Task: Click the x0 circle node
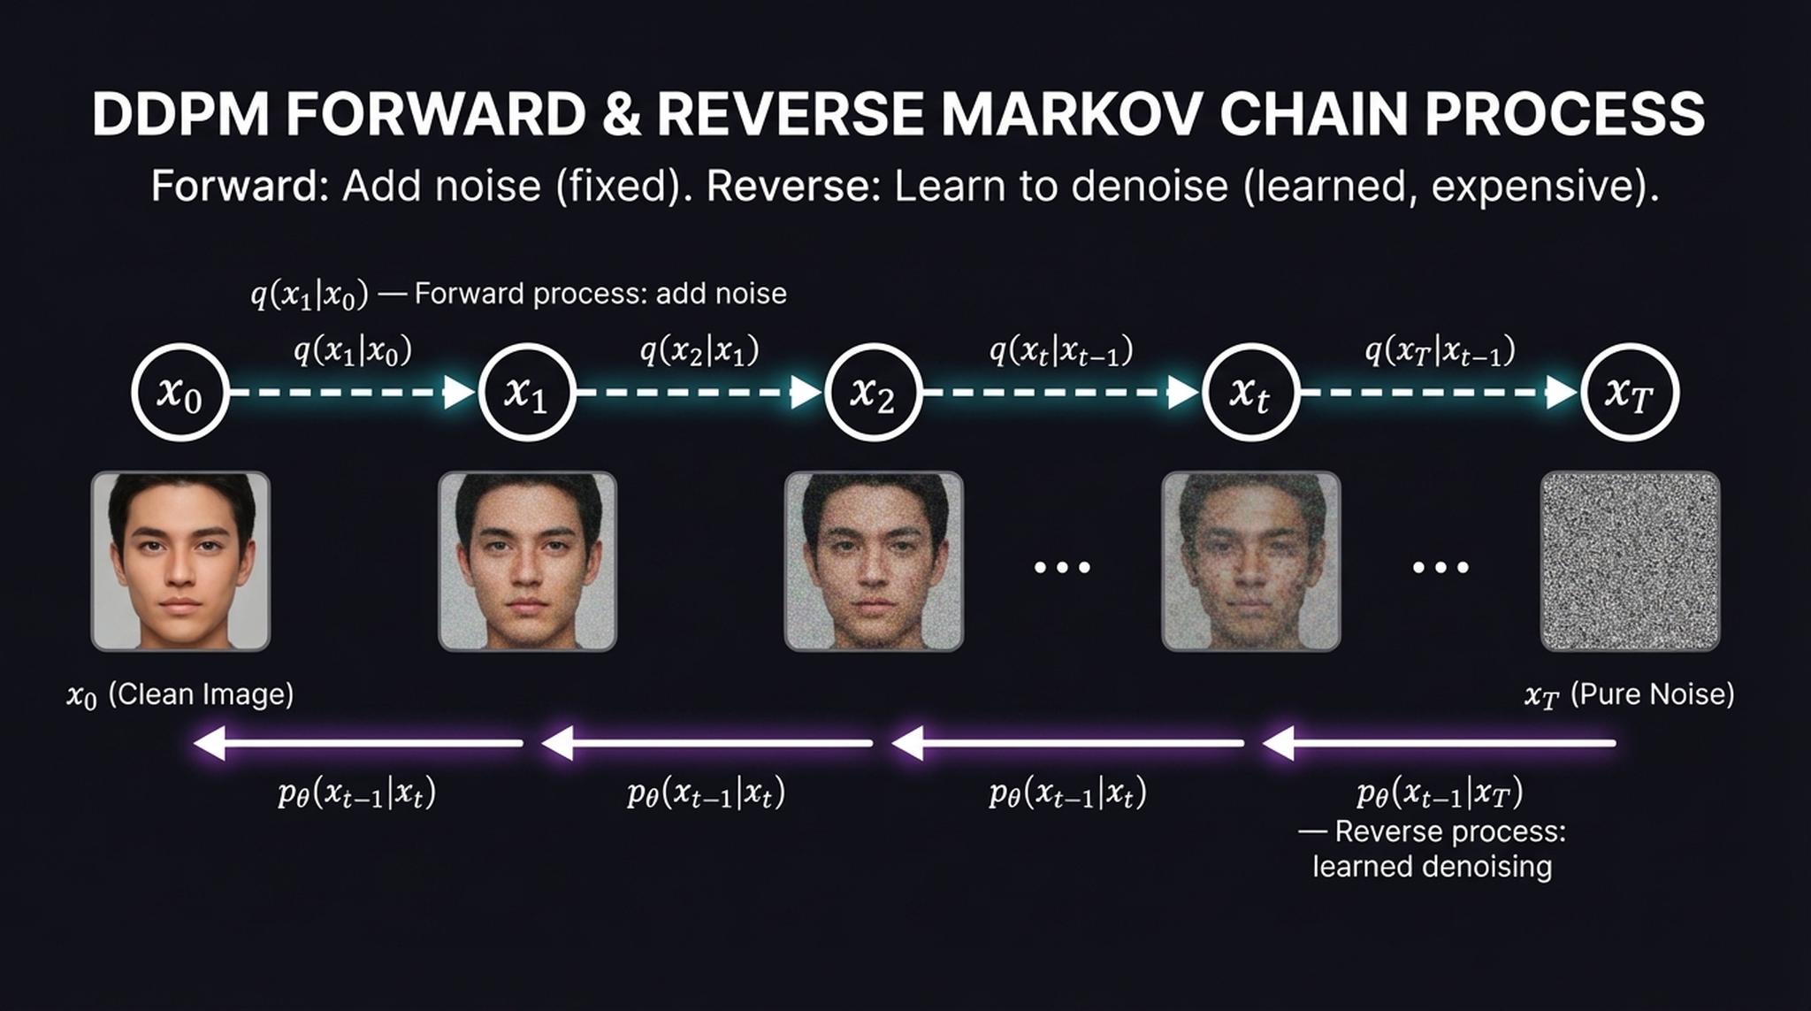click(x=180, y=393)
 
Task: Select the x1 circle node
click(x=527, y=393)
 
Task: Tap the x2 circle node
click(x=874, y=393)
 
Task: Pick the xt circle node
click(x=1250, y=393)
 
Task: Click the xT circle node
click(x=1630, y=393)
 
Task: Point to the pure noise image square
click(x=1630, y=561)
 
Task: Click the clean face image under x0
click(x=180, y=561)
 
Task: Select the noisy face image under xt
click(x=1250, y=561)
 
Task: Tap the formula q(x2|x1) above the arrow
click(x=699, y=351)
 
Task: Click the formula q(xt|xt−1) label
click(x=1061, y=351)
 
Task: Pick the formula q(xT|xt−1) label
click(x=1440, y=351)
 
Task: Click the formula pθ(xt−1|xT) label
click(x=1440, y=793)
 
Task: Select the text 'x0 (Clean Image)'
click(x=180, y=695)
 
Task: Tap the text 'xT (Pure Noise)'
click(x=1630, y=695)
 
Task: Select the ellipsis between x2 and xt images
click(x=1062, y=567)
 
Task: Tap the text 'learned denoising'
click(x=1432, y=866)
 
